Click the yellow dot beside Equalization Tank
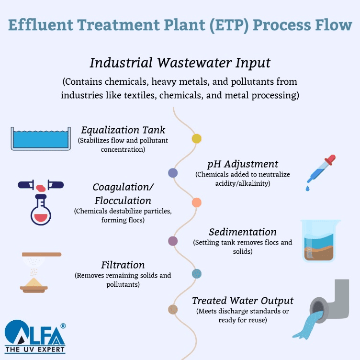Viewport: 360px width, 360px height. click(196, 139)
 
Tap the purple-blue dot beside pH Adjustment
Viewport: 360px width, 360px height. click(173, 173)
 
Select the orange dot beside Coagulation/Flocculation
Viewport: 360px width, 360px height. click(196, 202)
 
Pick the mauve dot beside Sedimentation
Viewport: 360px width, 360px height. click(173, 241)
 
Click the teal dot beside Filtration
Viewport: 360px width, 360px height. click(196, 274)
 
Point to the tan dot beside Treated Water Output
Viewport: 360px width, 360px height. click(173, 310)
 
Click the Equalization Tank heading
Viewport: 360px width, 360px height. click(123, 130)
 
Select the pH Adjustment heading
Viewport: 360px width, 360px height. click(243, 164)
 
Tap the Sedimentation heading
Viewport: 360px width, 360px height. click(243, 232)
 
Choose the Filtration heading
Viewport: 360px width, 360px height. click(123, 265)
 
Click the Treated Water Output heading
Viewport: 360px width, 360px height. click(243, 301)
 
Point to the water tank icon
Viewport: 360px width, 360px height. click(41, 138)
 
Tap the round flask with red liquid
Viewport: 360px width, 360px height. click(41, 211)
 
